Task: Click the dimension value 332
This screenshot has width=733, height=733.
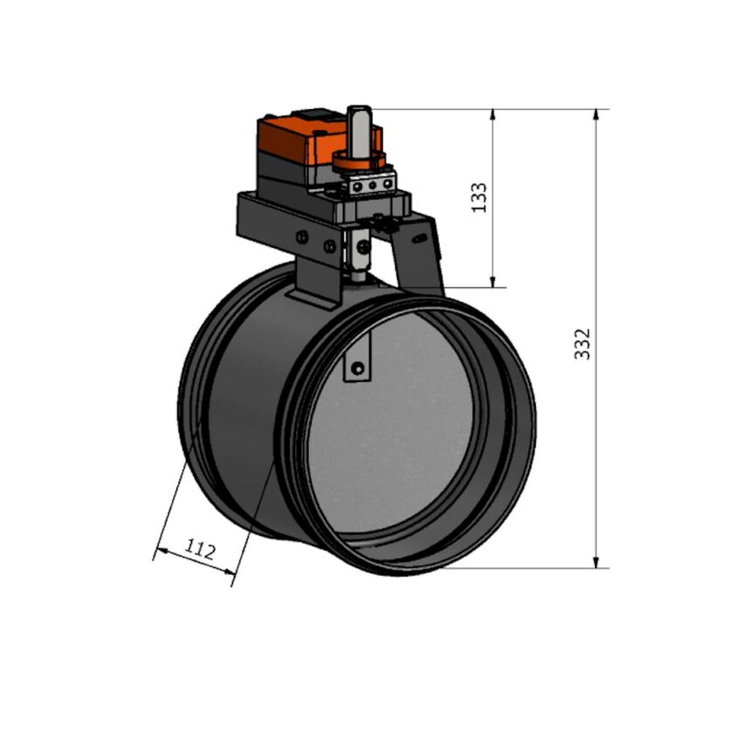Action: point(584,344)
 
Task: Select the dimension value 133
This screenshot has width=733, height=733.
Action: point(479,198)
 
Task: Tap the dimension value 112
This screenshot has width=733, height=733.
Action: point(200,549)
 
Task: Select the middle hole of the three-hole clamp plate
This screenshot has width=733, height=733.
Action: point(369,185)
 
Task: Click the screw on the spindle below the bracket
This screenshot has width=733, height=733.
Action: point(361,248)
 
